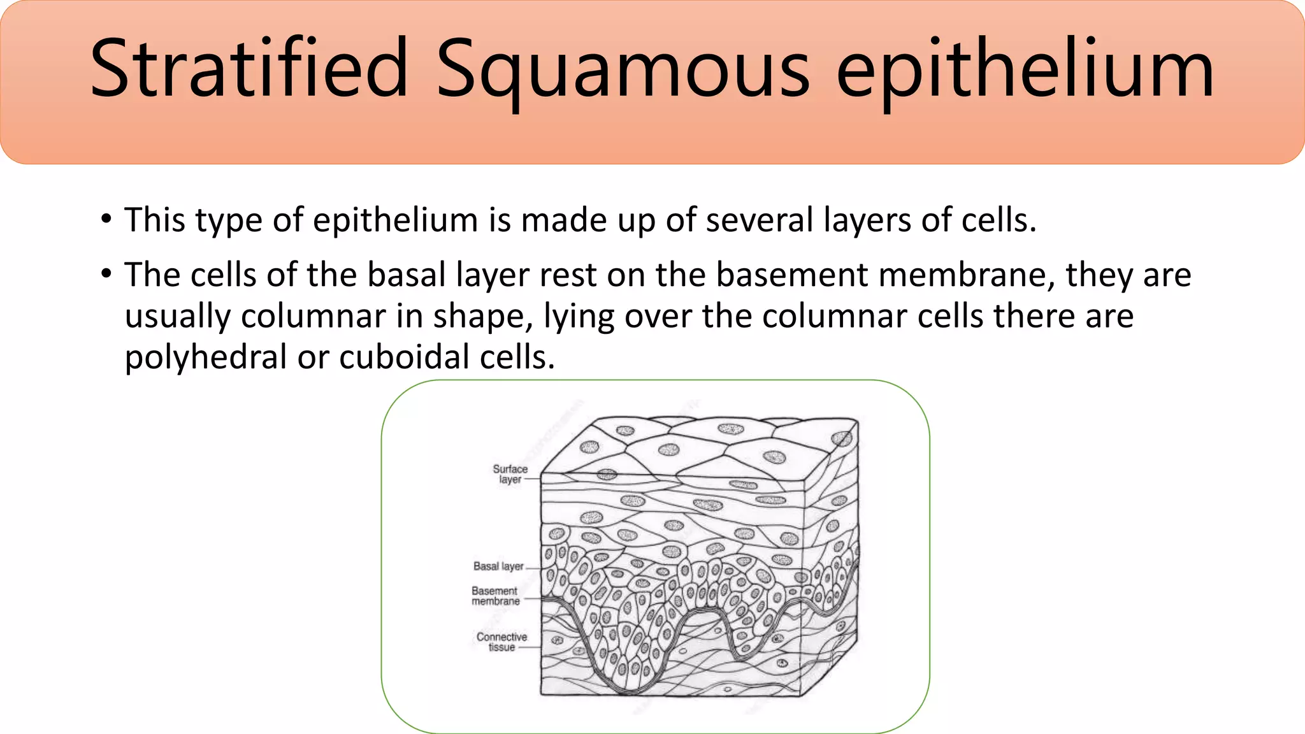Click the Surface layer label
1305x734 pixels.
[x=510, y=474]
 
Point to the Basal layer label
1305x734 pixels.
[x=498, y=566]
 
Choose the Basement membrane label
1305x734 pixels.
[x=495, y=596]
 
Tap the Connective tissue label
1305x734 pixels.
[x=501, y=642]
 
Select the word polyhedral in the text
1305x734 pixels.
[x=205, y=357]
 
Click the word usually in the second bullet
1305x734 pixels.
[x=177, y=317]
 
